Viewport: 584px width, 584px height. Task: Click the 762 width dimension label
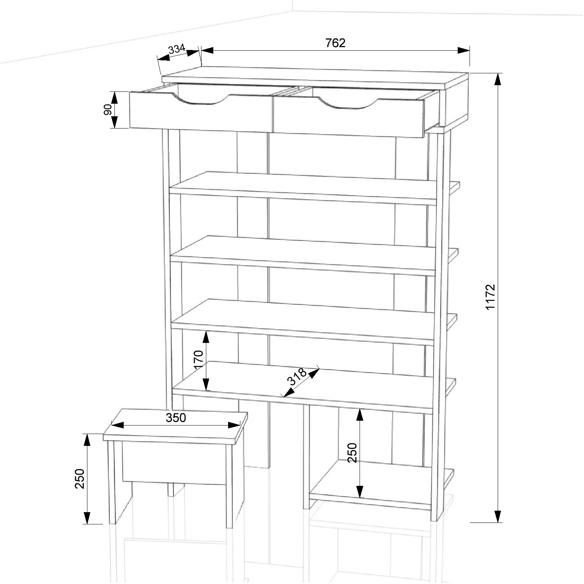tap(335, 43)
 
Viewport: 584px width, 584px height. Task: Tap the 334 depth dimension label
tap(177, 50)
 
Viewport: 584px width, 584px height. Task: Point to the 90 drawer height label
tap(108, 110)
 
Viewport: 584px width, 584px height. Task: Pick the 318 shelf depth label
tap(297, 377)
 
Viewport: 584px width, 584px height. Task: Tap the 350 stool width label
tap(176, 418)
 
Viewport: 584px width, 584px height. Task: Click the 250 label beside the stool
tap(80, 478)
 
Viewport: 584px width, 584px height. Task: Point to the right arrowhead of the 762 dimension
tap(464, 50)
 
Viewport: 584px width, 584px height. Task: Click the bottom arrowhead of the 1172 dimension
tap(498, 516)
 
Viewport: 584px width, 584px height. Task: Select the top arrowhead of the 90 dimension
tap(114, 98)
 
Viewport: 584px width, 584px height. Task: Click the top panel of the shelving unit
tap(316, 78)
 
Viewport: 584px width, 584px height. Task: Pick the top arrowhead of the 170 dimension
tap(206, 337)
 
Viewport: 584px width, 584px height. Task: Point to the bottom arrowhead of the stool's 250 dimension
tap(87, 518)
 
